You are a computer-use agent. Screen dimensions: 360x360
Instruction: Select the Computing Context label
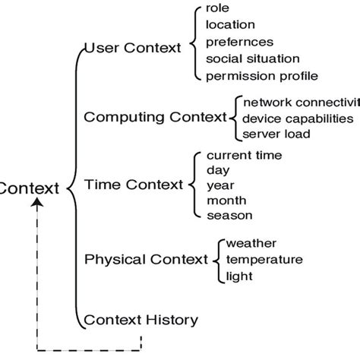point(156,117)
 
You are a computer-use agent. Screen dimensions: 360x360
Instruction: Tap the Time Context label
point(134,185)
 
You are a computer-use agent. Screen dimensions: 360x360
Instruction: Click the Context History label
point(141,320)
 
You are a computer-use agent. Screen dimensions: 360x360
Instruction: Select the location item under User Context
point(230,25)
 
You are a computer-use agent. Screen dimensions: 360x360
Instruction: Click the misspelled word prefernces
point(239,43)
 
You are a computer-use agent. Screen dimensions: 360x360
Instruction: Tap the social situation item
point(253,58)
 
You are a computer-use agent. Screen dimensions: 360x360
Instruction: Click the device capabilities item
point(298,118)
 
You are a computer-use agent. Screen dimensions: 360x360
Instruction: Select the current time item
point(245,155)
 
